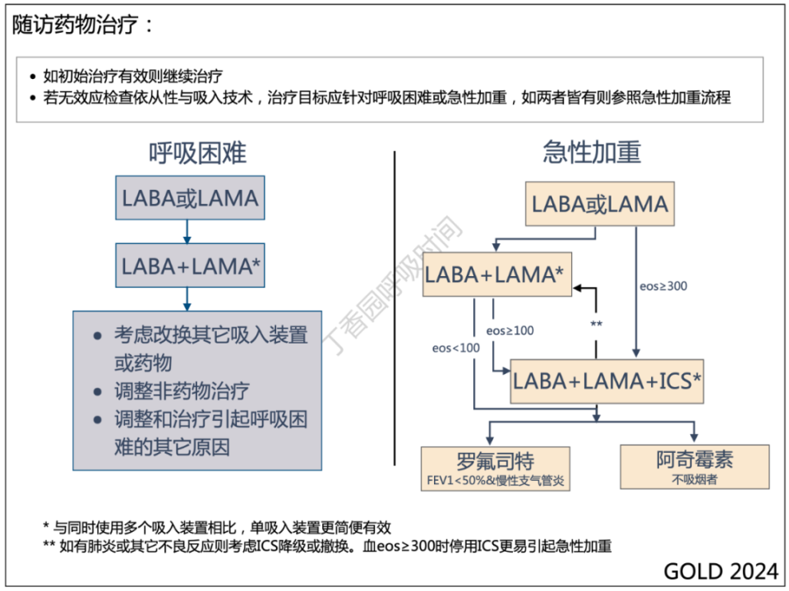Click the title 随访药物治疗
tap(82, 25)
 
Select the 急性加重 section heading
tap(592, 152)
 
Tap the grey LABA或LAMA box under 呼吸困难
tap(190, 198)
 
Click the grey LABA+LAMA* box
tap(190, 265)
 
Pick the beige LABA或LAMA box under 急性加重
tap(599, 204)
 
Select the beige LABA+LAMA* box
tap(496, 275)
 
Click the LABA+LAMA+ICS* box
tap(607, 381)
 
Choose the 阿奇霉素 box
tap(694, 460)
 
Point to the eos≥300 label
tap(662, 286)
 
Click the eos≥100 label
tap(510, 330)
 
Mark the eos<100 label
tap(455, 348)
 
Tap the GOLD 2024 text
tap(720, 571)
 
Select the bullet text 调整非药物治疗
tap(182, 391)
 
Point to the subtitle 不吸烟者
tap(694, 478)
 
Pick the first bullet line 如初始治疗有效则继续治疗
tap(131, 77)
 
